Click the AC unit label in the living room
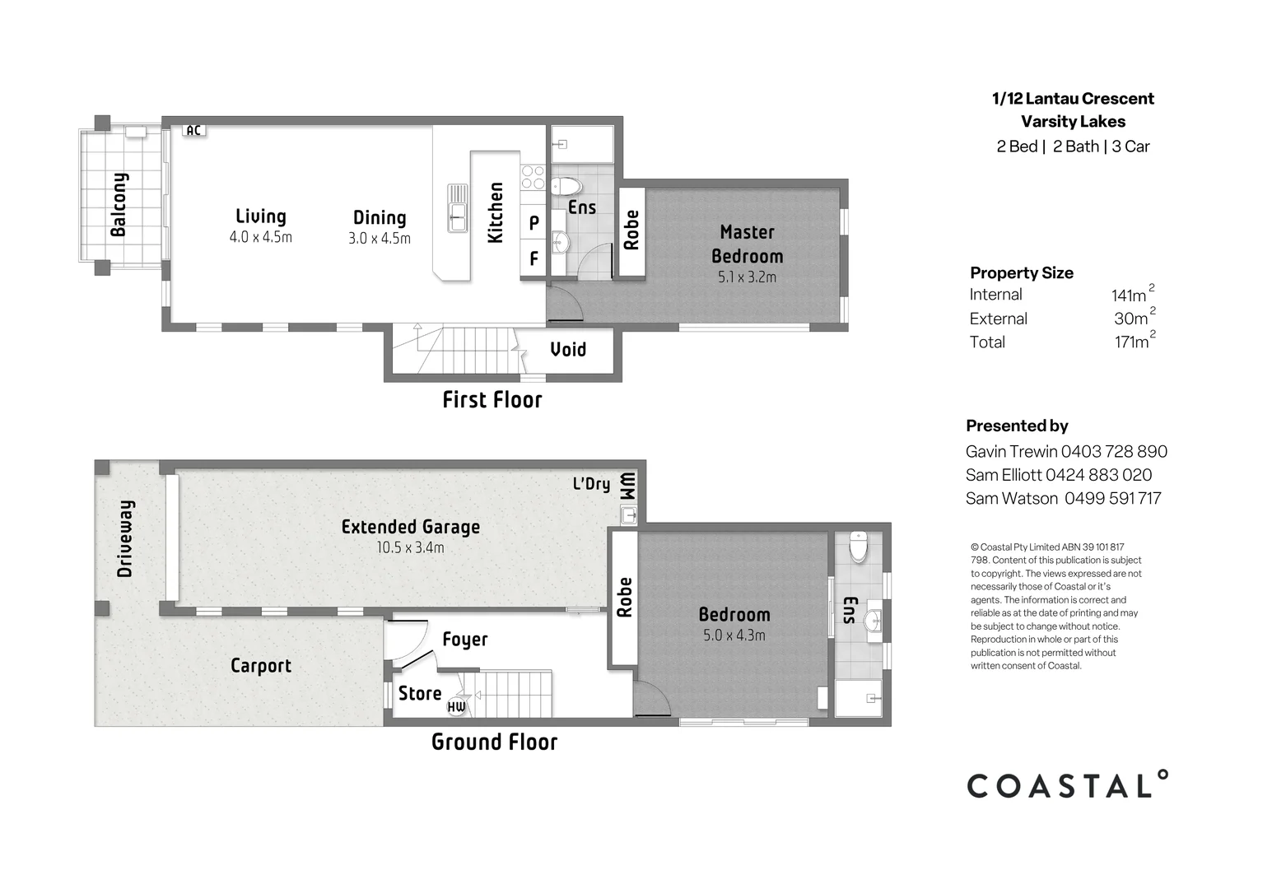[193, 131]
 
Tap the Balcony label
[119, 204]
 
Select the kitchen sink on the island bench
[457, 208]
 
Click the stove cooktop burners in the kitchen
[533, 176]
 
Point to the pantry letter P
[533, 223]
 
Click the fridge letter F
[533, 258]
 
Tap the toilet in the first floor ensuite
[566, 186]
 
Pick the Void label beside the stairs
[568, 349]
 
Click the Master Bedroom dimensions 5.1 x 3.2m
[747, 277]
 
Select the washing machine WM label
[628, 486]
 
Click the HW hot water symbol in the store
[456, 706]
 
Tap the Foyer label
[465, 640]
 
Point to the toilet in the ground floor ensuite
[859, 547]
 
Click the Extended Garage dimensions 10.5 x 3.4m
[411, 548]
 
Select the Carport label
[261, 666]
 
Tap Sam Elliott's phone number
[1099, 475]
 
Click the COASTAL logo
[1068, 784]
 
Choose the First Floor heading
[492, 400]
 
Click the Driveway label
[125, 538]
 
